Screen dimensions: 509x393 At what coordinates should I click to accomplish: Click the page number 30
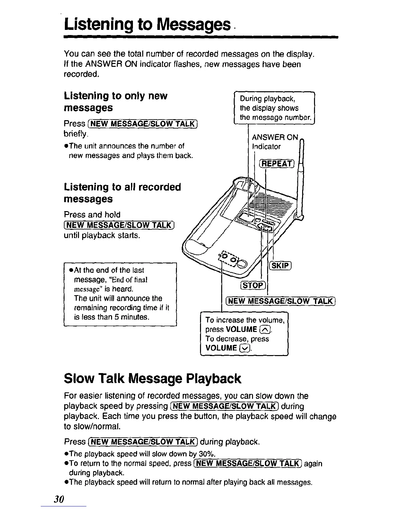click(x=59, y=499)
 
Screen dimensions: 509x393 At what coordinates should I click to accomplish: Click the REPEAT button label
click(x=276, y=164)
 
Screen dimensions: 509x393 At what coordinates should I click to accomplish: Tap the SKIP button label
click(x=281, y=266)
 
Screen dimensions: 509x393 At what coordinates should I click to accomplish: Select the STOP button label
click(x=253, y=285)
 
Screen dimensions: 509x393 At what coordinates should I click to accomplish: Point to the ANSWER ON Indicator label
click(x=275, y=142)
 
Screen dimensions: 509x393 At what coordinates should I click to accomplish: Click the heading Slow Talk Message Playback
click(x=152, y=379)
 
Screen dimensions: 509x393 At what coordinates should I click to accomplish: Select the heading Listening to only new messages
click(x=116, y=102)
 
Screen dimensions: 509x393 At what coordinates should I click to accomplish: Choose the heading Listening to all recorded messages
click(x=122, y=193)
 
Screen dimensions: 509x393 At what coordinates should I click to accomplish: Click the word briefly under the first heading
click(x=75, y=133)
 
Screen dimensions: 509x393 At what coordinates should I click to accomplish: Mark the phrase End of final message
click(x=110, y=284)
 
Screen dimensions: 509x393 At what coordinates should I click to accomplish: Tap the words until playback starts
click(x=102, y=236)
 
